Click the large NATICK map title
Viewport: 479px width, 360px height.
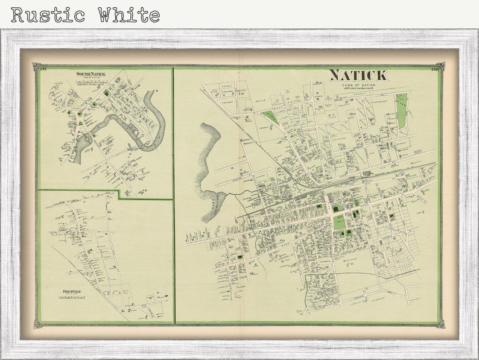(x=358, y=75)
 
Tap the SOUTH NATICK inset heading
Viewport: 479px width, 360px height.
(x=90, y=74)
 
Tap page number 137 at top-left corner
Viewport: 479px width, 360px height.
(x=42, y=69)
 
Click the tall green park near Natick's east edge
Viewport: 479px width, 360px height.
(x=402, y=111)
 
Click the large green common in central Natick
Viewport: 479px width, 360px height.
(x=340, y=222)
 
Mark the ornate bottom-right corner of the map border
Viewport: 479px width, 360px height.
(x=441, y=324)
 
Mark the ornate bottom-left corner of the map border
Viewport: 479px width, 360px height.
(x=37, y=324)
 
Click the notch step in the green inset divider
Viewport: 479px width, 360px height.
(x=119, y=194)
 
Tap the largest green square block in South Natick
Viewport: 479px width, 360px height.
(x=107, y=93)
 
